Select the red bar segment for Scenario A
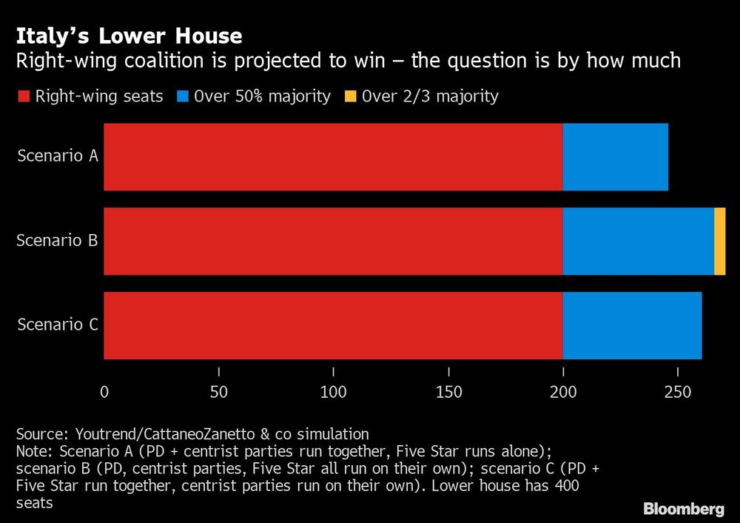coord(333,157)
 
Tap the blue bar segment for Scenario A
coord(615,157)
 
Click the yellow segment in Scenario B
coord(720,241)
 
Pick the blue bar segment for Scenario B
coord(639,241)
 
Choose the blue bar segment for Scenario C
coord(632,325)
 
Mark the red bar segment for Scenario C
coord(333,325)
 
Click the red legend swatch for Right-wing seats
coord(23,96)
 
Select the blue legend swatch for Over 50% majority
coord(182,96)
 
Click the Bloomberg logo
coord(683,509)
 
